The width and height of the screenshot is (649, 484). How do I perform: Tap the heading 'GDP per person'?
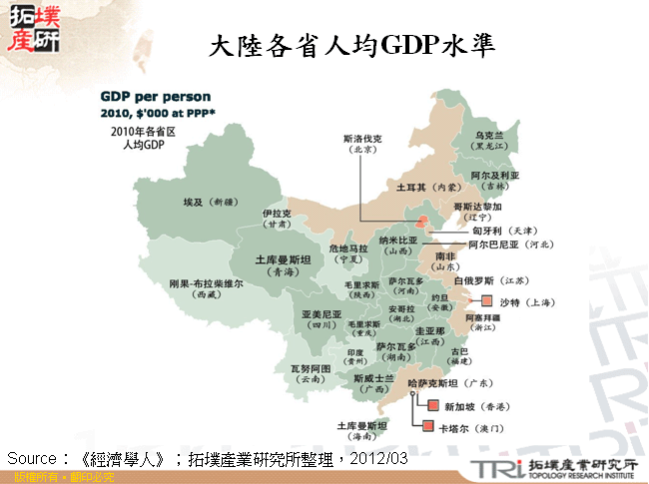[155, 97]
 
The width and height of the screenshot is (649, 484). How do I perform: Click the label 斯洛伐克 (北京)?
[361, 143]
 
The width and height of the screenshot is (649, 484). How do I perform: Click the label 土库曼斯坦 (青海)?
[285, 263]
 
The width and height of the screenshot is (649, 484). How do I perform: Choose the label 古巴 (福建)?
[458, 355]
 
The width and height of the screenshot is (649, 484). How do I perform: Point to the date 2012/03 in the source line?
[382, 458]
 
